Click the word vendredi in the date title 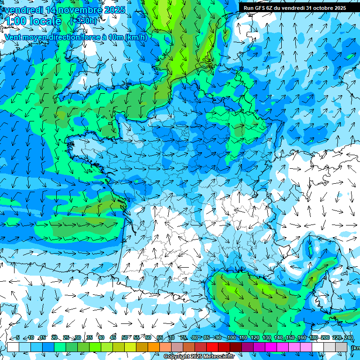point(23,10)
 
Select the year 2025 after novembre point(114,10)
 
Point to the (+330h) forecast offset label point(83,21)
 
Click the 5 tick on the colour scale point(18,337)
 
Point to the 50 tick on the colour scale point(125,337)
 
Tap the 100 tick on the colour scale point(231,337)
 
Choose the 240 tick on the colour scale point(348,337)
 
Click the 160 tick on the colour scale point(301,337)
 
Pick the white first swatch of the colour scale point(13,347)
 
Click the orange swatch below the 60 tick point(154,347)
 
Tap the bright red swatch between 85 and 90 point(212,347)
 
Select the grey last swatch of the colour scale point(341,347)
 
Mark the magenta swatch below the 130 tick point(271,347)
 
